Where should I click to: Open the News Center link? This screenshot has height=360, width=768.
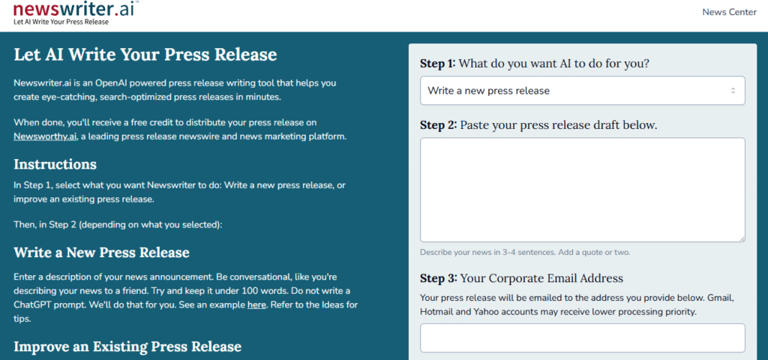tap(729, 12)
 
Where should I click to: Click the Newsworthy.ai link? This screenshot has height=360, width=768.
tap(45, 136)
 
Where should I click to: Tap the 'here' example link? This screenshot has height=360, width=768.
tap(256, 304)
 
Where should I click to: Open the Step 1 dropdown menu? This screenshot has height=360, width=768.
tap(582, 91)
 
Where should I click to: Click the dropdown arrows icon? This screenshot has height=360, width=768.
tap(733, 91)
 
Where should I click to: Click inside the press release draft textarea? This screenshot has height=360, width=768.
tap(582, 190)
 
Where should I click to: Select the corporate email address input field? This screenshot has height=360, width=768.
tap(582, 338)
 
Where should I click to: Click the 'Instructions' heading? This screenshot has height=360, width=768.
tap(55, 164)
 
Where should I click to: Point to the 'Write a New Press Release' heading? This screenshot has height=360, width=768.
tap(101, 253)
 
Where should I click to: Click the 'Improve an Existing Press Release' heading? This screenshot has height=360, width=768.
tap(127, 346)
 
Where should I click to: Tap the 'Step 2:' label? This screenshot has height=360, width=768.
tap(438, 125)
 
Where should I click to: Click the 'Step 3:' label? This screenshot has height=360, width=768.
tap(438, 279)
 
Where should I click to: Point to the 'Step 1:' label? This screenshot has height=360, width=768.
tap(437, 64)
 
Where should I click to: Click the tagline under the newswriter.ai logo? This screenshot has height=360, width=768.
tap(61, 22)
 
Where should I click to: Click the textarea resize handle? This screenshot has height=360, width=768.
tap(742, 238)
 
